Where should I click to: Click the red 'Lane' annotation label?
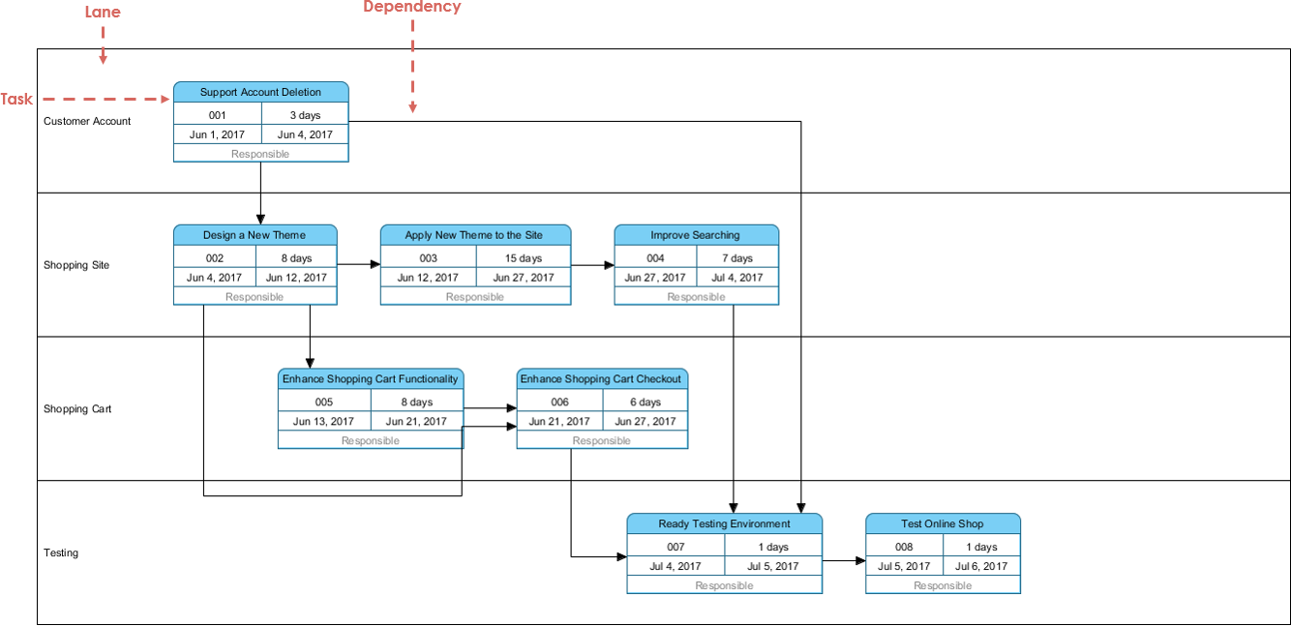(103, 13)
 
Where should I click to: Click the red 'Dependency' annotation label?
(412, 7)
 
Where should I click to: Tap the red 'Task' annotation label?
(16, 99)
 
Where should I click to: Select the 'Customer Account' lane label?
(87, 121)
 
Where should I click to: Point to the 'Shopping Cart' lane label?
(77, 408)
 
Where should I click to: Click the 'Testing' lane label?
(61, 552)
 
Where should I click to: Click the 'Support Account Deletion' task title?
(260, 92)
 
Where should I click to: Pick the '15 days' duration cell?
(524, 258)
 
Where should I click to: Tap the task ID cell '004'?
(655, 258)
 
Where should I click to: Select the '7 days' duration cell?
(737, 258)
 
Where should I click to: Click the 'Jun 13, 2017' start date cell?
(323, 422)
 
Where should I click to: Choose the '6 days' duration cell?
(645, 402)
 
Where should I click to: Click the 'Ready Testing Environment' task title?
(725, 524)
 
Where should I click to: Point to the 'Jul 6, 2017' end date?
(981, 566)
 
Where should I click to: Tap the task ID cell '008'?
(904, 547)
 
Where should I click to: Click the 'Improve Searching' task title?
(695, 235)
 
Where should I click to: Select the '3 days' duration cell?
(305, 115)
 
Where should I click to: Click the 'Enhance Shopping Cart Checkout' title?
(601, 379)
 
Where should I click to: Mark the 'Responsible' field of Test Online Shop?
(943, 585)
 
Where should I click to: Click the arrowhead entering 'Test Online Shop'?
(860, 561)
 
